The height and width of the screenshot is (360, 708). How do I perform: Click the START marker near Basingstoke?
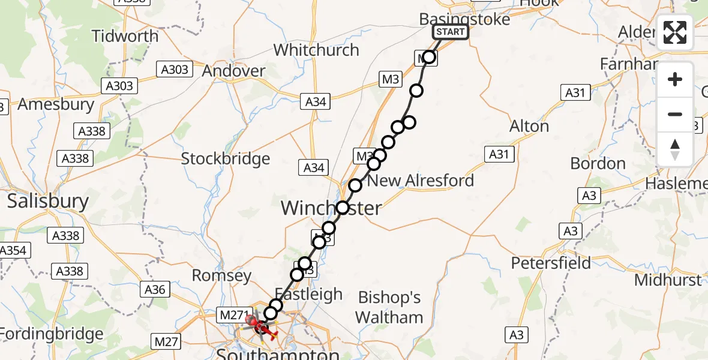point(450,32)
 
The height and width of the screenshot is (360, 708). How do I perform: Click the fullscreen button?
point(675,32)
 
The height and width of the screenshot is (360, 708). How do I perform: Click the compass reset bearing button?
point(675,149)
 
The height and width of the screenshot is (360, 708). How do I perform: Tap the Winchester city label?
point(331,208)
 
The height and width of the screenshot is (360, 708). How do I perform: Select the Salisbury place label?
point(48,201)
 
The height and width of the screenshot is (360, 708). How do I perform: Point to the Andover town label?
point(233,71)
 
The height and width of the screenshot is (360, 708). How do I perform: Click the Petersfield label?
point(551,263)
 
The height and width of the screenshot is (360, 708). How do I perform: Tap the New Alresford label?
point(421,181)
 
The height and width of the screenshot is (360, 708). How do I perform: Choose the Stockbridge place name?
point(226,159)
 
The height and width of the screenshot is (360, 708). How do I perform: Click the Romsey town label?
point(221,275)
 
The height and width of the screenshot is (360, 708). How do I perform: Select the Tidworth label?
point(125,36)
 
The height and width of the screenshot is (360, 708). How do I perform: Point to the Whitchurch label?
point(316,50)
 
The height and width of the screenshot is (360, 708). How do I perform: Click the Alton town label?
point(529,126)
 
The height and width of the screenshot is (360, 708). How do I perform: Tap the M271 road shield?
point(232,314)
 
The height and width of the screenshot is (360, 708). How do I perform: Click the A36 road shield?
point(154,290)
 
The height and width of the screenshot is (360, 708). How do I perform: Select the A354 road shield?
point(13,251)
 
